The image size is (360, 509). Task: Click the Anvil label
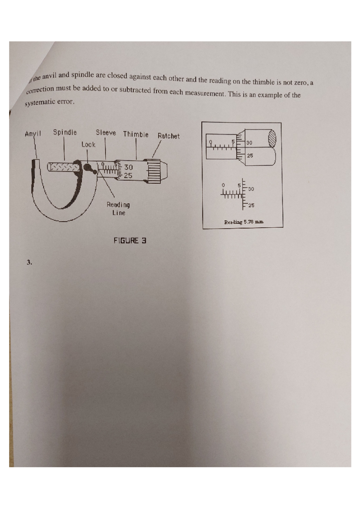point(33,134)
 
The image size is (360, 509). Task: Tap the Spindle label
point(65,132)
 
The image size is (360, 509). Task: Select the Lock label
point(88,144)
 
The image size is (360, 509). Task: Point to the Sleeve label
point(106,132)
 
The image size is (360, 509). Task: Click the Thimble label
point(136,134)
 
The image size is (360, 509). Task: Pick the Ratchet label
point(169,136)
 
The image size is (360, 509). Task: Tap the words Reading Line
point(118,209)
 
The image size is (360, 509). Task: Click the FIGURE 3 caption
point(130,240)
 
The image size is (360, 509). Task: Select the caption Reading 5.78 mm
point(244,222)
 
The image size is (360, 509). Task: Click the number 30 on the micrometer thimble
point(128,168)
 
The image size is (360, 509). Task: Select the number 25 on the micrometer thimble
point(128,175)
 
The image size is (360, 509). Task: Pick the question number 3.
point(29,263)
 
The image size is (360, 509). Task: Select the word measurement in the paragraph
point(205,93)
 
